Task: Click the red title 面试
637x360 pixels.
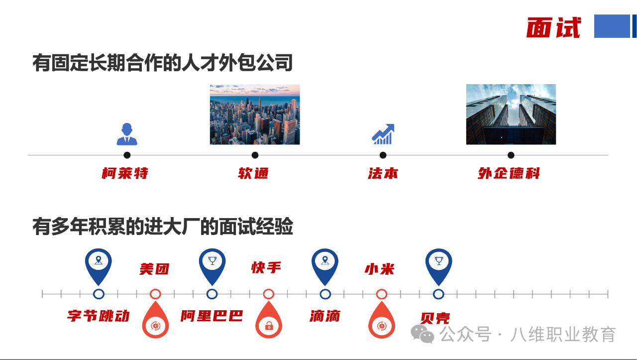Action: point(553,27)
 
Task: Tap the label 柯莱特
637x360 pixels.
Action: point(125,174)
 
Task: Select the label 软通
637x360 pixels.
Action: point(253,174)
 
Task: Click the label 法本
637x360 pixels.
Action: point(383,174)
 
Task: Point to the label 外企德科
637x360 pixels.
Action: point(509,174)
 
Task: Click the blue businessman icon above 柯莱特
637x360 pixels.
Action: point(127,134)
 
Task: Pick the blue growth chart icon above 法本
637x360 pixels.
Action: point(383,134)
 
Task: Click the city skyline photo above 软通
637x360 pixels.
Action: point(255,115)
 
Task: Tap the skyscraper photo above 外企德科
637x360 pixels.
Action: point(511,115)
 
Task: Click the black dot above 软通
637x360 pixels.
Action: point(255,155)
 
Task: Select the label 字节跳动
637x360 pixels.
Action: point(99,316)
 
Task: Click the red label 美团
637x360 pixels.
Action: point(154,269)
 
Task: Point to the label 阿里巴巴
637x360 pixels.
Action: point(212,316)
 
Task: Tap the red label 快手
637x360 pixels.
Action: point(266,268)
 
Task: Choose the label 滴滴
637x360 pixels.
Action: point(324,316)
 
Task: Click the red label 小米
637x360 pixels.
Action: point(380,269)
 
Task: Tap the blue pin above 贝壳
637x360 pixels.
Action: point(438,264)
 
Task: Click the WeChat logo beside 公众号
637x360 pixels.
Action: point(423,334)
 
